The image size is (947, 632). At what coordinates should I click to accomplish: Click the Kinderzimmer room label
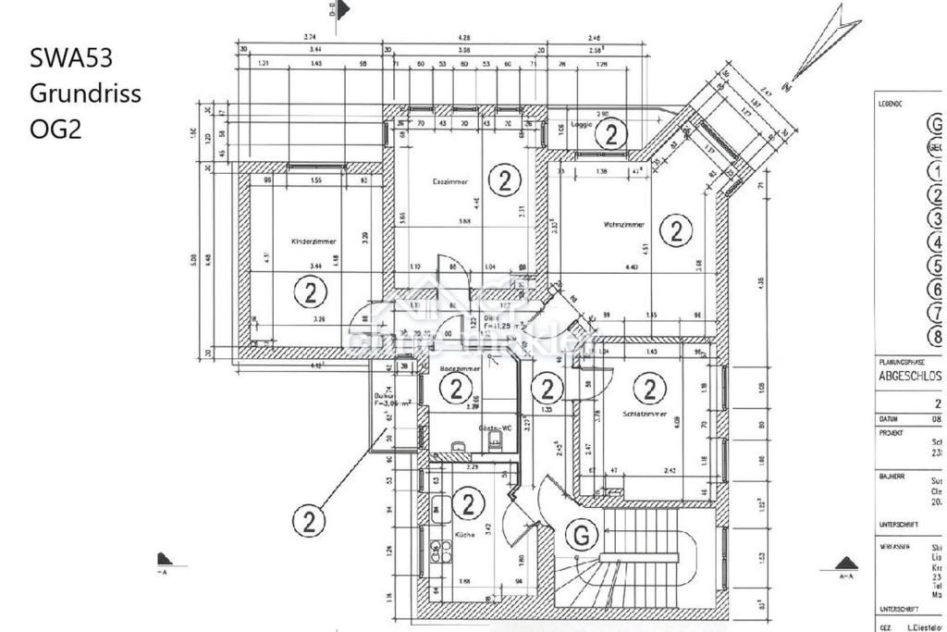click(x=314, y=241)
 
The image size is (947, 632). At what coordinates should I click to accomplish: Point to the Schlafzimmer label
click(x=641, y=414)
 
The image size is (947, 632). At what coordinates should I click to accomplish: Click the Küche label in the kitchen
click(x=464, y=535)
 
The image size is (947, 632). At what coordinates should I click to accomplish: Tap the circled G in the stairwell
click(x=581, y=534)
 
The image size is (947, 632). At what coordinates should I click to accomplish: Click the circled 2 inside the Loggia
click(x=610, y=134)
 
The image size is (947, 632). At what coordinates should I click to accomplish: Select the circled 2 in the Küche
click(x=470, y=504)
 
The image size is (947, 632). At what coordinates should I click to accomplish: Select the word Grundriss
click(x=85, y=93)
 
